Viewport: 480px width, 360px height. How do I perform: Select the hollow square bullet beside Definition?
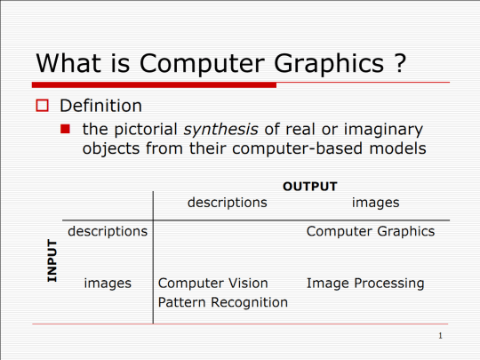point(41,107)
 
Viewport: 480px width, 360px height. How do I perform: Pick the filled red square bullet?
point(66,129)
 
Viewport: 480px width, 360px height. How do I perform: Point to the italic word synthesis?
point(222,129)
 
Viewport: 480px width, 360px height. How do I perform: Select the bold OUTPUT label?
point(309,187)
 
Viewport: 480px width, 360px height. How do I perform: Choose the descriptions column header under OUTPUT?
point(228,203)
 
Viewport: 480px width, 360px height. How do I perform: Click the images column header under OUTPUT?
point(375,203)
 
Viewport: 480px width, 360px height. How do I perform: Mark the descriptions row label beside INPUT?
point(108,231)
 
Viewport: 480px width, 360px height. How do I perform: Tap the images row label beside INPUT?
point(108,284)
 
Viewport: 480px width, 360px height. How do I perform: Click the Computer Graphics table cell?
point(371,231)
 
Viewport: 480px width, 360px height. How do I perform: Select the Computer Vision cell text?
point(212,284)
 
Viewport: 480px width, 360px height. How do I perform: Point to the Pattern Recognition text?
point(223,302)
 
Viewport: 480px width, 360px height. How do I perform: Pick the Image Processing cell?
point(365,284)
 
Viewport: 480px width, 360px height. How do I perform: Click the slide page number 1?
point(440,337)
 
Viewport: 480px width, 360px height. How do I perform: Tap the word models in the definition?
point(395,148)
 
